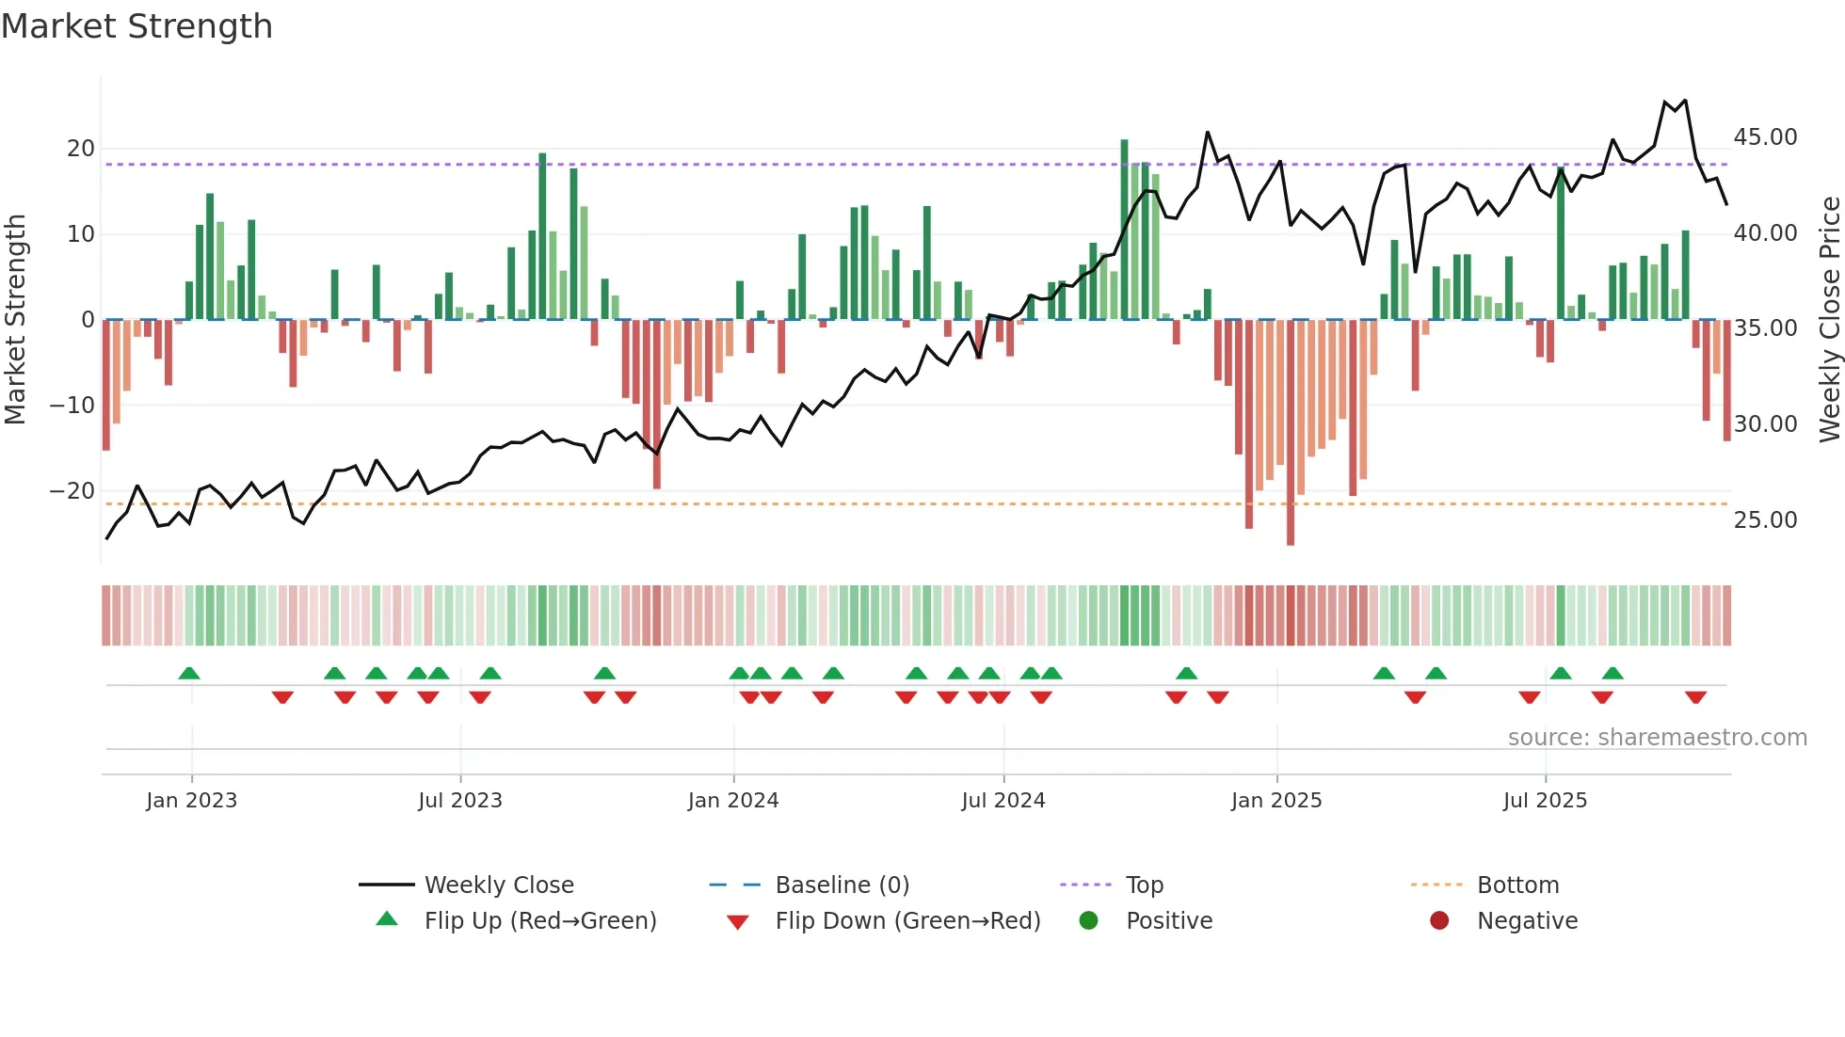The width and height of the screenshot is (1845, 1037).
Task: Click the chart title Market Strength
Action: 136,26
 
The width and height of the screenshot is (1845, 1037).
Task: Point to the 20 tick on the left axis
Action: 81,149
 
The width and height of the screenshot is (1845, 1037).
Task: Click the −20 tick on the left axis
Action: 72,491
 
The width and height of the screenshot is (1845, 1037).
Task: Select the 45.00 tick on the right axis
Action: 1765,137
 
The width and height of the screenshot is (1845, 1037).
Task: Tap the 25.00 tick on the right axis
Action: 1765,520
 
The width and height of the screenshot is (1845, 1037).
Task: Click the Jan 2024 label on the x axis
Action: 733,801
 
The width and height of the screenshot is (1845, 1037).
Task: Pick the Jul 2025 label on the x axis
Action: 1545,801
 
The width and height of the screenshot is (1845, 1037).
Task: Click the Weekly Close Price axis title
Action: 1829,320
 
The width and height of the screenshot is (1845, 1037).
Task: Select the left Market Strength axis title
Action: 15,320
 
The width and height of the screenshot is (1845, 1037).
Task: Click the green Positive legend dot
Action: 1089,921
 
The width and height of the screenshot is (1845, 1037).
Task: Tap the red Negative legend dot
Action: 1439,921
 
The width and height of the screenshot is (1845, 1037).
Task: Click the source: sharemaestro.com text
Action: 1657,738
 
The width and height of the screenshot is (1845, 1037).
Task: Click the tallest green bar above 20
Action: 1124,231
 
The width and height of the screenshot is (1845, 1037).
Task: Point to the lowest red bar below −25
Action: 1291,433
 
